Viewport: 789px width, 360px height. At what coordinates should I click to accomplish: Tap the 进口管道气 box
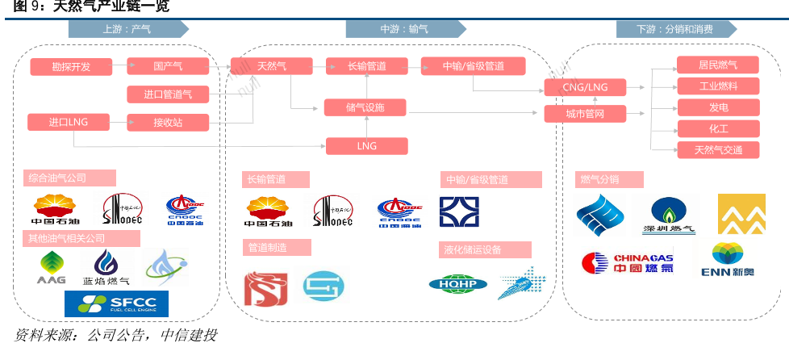[168, 94]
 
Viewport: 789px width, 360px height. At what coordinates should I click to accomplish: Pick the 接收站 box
[168, 123]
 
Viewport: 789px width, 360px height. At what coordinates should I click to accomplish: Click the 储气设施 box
[365, 107]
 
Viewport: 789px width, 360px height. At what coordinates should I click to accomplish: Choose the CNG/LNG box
[586, 87]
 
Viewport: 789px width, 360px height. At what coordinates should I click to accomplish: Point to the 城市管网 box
[586, 114]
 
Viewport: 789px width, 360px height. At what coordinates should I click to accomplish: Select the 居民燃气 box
[718, 65]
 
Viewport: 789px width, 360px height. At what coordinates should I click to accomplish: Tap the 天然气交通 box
[718, 149]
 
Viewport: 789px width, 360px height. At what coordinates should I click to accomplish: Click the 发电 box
[718, 107]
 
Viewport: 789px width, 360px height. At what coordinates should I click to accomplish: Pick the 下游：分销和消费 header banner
[675, 29]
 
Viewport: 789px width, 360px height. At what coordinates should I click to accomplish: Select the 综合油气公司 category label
[69, 178]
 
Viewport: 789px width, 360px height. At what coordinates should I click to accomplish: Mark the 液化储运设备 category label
[485, 249]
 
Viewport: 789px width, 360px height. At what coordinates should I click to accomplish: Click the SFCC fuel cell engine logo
[116, 303]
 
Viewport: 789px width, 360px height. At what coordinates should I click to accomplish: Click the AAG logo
[52, 267]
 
